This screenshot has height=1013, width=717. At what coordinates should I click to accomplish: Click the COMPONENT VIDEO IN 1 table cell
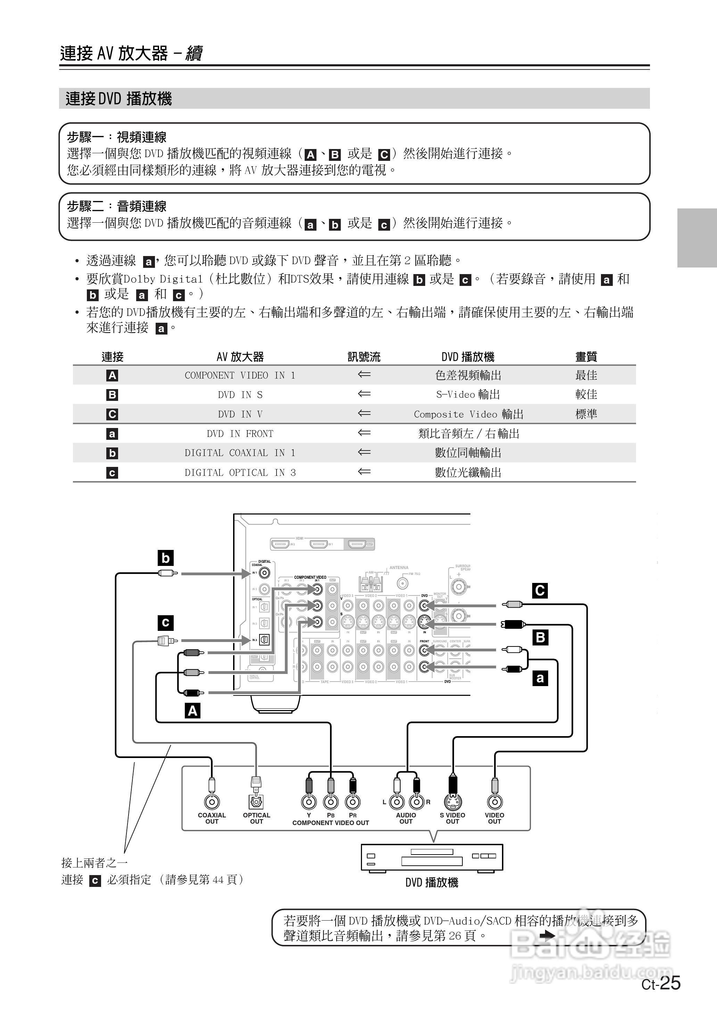pyautogui.click(x=240, y=375)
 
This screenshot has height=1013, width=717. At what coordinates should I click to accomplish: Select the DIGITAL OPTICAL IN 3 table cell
pyautogui.click(x=240, y=472)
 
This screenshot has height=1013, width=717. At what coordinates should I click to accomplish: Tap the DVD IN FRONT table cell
pyautogui.click(x=240, y=434)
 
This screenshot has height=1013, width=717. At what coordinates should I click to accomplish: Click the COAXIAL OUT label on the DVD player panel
pyautogui.click(x=212, y=818)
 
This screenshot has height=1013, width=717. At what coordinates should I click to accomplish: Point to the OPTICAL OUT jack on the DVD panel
pyautogui.click(x=256, y=801)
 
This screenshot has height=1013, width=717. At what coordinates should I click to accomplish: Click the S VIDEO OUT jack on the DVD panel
pyautogui.click(x=452, y=801)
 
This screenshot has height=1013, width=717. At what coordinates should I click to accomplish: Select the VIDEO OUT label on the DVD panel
pyautogui.click(x=494, y=818)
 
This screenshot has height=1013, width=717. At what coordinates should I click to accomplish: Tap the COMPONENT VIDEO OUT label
pyautogui.click(x=330, y=823)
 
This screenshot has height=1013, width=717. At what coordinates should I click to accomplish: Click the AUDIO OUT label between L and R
pyautogui.click(x=406, y=818)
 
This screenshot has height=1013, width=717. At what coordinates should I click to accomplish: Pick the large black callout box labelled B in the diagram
pyautogui.click(x=540, y=637)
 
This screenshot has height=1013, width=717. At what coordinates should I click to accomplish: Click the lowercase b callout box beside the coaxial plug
pyautogui.click(x=166, y=558)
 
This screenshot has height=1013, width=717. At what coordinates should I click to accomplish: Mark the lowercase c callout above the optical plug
pyautogui.click(x=166, y=623)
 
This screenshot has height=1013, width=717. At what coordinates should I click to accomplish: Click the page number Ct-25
pyautogui.click(x=661, y=983)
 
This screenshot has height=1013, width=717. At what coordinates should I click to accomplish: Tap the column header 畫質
pyautogui.click(x=586, y=357)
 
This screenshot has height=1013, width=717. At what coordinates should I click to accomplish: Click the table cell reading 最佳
pyautogui.click(x=586, y=375)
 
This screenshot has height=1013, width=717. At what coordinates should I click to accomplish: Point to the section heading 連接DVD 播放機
pyautogui.click(x=119, y=98)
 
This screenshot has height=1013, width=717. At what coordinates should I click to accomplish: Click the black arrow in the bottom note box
pyautogui.click(x=547, y=935)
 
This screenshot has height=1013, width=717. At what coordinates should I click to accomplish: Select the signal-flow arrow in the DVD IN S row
pyautogui.click(x=364, y=394)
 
